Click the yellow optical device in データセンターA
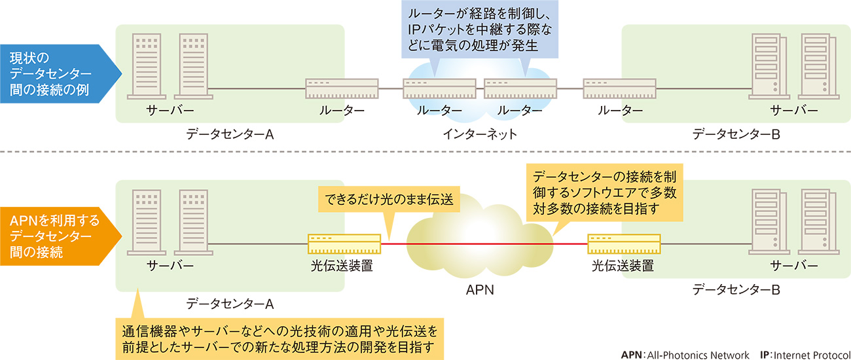[344, 244]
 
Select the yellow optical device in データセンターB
[623, 244]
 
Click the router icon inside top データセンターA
[342, 88]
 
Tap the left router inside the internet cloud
[439, 88]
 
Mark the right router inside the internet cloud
[520, 88]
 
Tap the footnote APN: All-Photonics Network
[685, 354]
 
